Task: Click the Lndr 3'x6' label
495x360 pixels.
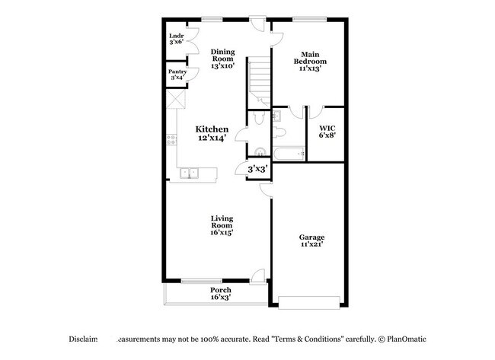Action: pyautogui.click(x=176, y=39)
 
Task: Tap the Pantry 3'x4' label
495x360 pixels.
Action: pyautogui.click(x=177, y=75)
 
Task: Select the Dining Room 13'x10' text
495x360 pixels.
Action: pyautogui.click(x=223, y=58)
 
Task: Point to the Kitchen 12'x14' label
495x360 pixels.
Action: pyautogui.click(x=212, y=134)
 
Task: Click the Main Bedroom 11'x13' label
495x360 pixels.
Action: pyautogui.click(x=311, y=60)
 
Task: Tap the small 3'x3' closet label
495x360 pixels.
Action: pyautogui.click(x=256, y=170)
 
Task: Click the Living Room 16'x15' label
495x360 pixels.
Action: pyautogui.click(x=222, y=225)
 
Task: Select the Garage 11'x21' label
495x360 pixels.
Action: pyautogui.click(x=312, y=241)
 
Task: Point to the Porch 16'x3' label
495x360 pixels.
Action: pyautogui.click(x=221, y=294)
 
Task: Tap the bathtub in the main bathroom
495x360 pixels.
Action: pyautogui.click(x=290, y=155)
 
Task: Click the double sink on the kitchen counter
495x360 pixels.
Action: pyautogui.click(x=188, y=174)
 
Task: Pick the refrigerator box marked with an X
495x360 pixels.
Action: pyautogui.click(x=177, y=100)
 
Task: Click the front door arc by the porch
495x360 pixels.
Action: pyautogui.click(x=259, y=276)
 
